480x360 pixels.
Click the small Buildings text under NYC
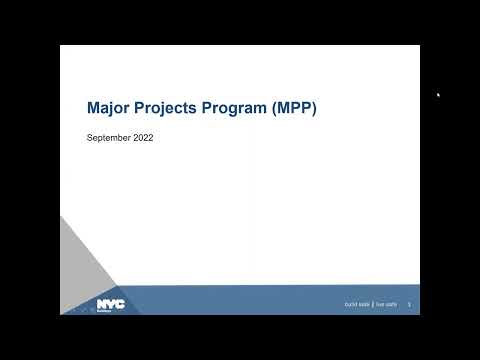(105, 309)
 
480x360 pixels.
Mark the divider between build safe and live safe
(373, 304)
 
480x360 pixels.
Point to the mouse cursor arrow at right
(438, 95)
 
